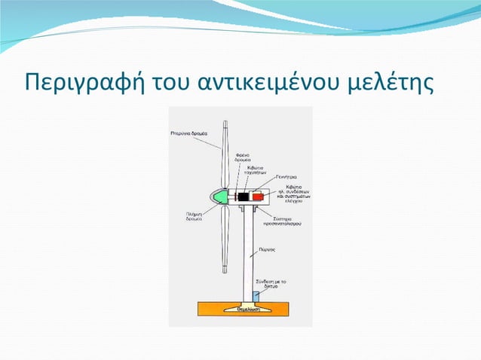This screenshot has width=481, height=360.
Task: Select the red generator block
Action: pos(258,197)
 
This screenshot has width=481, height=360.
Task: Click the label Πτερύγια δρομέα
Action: pos(183,133)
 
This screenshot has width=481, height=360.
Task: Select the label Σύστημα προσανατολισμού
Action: pos(279,221)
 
